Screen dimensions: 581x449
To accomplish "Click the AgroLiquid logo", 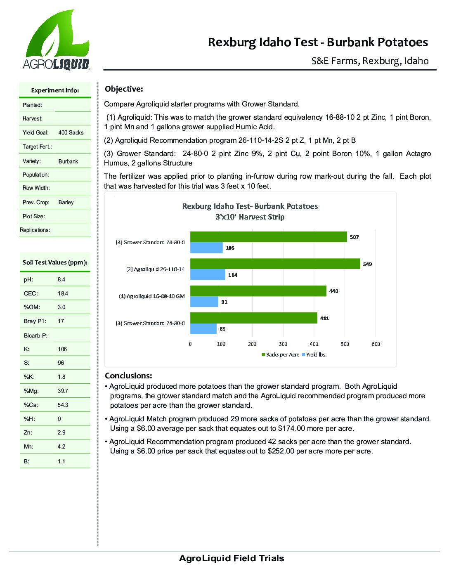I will click(x=57, y=40).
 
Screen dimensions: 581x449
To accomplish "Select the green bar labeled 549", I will click(x=275, y=264).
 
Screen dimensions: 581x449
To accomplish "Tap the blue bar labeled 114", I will click(x=208, y=275).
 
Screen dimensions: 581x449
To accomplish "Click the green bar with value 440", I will click(x=258, y=291).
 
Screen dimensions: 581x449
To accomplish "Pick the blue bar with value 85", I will click(x=203, y=329).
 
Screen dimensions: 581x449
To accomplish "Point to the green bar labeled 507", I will click(x=268, y=237).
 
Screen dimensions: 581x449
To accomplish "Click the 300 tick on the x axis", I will click(x=283, y=344).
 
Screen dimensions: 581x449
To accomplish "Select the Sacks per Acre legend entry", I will click(x=281, y=354).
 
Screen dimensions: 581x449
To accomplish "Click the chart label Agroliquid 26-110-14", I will click(x=155, y=269).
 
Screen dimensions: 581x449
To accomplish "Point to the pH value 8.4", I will click(x=61, y=279).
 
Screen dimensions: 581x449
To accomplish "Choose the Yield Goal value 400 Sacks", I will click(x=71, y=132).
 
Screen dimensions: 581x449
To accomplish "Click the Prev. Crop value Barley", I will click(x=66, y=202).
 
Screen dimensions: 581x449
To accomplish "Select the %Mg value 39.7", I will click(x=63, y=391).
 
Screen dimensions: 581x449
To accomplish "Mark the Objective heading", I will click(x=124, y=89).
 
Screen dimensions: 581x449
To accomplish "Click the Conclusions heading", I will click(x=128, y=376).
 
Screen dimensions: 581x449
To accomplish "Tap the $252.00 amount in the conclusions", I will click(x=281, y=451).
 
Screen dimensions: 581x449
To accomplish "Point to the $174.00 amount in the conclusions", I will click(x=291, y=428).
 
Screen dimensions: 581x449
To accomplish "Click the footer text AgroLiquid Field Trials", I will click(x=232, y=558).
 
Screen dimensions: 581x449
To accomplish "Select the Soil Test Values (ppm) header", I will click(x=55, y=262).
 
